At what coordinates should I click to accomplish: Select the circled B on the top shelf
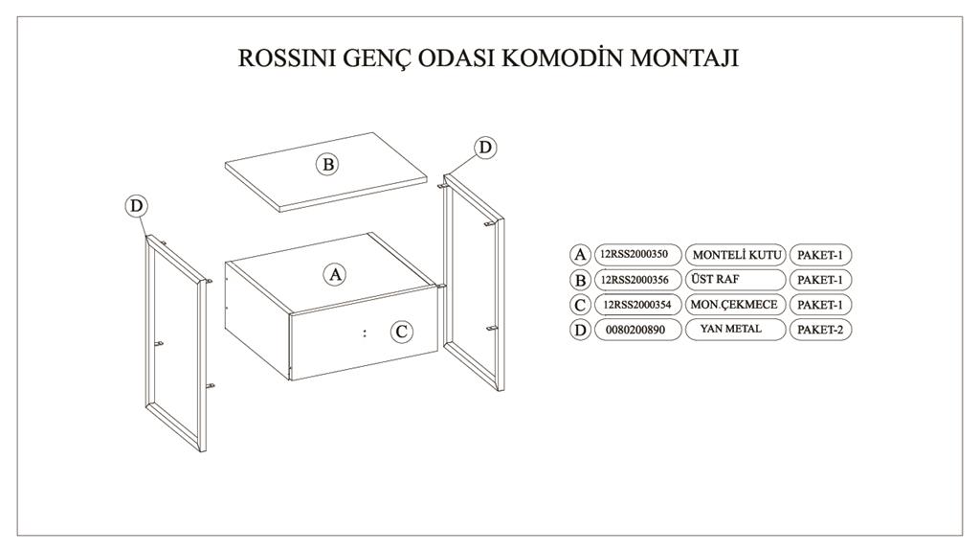pos(327,164)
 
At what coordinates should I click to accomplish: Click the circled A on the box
pos(335,274)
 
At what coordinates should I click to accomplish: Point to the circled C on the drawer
pos(403,332)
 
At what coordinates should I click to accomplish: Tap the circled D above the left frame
pos(137,205)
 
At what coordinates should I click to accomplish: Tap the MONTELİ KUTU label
pos(737,255)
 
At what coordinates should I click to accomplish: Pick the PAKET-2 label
pos(820,329)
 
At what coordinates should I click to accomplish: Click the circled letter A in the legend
pos(580,255)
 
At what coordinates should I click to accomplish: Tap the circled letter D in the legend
pos(580,330)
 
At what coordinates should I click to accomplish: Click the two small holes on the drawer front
pos(366,333)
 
